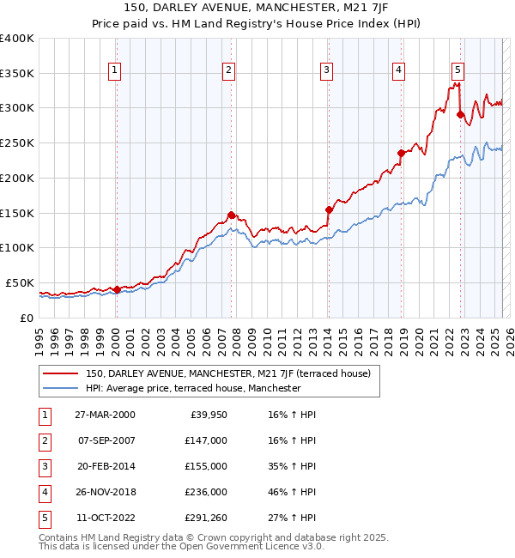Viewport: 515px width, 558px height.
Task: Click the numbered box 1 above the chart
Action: (115, 71)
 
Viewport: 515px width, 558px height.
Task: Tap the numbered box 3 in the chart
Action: (327, 71)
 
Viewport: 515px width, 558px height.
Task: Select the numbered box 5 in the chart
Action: (457, 71)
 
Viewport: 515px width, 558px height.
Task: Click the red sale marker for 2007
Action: (231, 215)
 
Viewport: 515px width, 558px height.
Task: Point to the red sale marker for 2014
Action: (329, 209)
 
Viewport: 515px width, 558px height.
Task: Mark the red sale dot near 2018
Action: (401, 153)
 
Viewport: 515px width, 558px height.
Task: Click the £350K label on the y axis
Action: (17, 74)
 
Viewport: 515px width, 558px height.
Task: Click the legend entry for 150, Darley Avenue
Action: (227, 373)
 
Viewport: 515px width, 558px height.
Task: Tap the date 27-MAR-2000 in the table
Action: (105, 415)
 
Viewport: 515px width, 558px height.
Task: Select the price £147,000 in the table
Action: (206, 441)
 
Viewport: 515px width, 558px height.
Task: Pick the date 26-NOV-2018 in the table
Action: (105, 493)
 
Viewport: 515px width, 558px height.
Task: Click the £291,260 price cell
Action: (206, 519)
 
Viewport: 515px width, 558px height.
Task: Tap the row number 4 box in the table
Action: (45, 493)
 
